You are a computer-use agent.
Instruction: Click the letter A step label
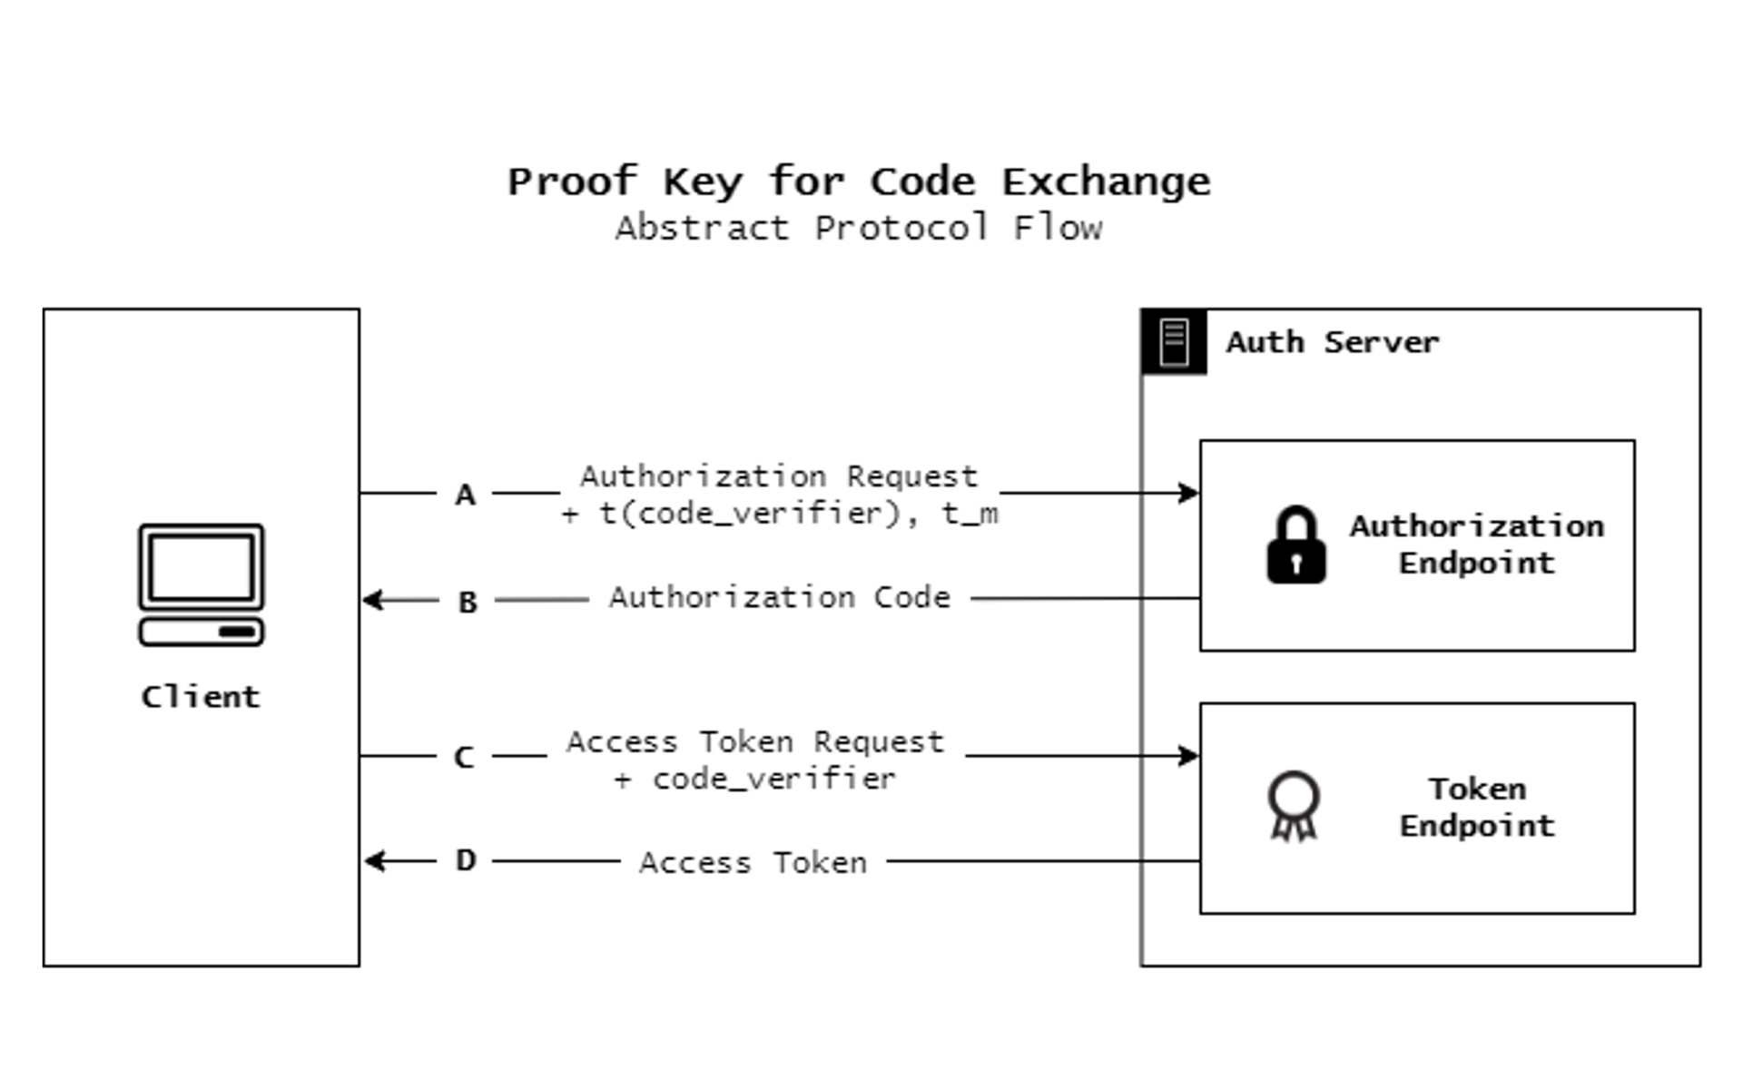coord(465,495)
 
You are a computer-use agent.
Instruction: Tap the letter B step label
coord(468,602)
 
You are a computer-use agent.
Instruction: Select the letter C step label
coord(464,757)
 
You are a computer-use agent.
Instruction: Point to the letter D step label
coord(466,859)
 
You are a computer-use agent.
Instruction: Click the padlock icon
coord(1295,544)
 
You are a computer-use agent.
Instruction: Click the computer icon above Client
coord(202,584)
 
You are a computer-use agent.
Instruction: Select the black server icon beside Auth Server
coord(1174,342)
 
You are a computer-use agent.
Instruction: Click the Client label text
coord(201,697)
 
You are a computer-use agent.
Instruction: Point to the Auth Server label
coord(1332,342)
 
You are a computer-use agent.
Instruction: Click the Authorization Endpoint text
coord(1476,544)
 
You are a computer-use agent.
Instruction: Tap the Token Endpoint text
coord(1476,807)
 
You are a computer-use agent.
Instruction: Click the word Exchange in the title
coord(1106,182)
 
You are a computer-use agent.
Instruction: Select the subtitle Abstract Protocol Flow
coord(858,228)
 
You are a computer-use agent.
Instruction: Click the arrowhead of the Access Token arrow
coord(372,860)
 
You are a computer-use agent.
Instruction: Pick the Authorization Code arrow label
coord(779,597)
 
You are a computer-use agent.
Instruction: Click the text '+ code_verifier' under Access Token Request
coord(755,779)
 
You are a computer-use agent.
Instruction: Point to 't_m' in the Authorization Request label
coord(970,515)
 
